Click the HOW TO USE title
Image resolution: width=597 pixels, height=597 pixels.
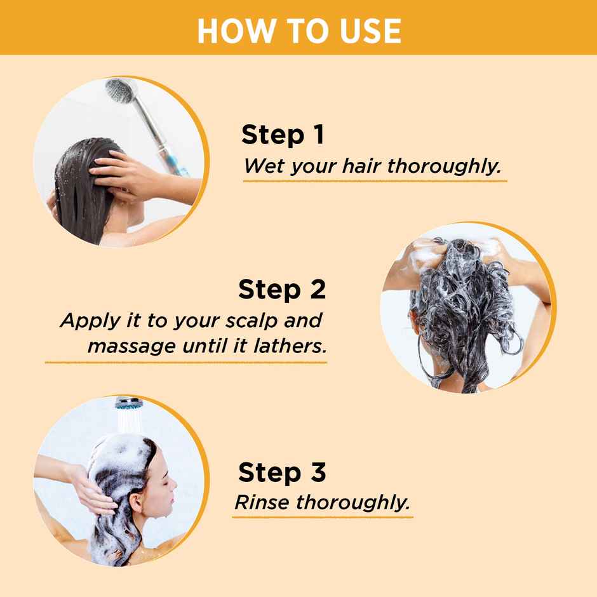[x=298, y=30]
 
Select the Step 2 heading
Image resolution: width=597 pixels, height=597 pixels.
[x=282, y=290]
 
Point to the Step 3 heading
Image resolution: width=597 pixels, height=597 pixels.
[x=282, y=473]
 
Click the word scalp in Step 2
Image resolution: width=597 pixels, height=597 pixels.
[x=253, y=320]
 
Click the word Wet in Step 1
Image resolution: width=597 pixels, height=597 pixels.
[x=262, y=167]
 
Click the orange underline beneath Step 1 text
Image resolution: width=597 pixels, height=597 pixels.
[x=375, y=181]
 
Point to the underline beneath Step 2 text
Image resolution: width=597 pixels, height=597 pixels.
[x=185, y=362]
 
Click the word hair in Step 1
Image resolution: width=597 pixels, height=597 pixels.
[x=362, y=167]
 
